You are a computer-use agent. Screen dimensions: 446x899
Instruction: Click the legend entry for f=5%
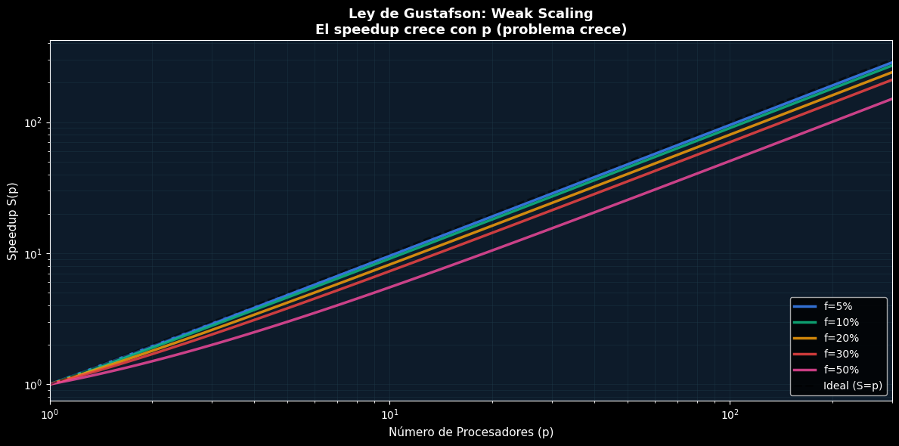(838, 306)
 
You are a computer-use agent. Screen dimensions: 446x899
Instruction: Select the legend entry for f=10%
(840, 322)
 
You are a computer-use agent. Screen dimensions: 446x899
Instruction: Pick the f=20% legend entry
(840, 338)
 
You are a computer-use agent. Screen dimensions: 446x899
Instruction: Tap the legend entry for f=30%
(840, 354)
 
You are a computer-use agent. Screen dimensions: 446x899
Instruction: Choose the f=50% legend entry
(840, 370)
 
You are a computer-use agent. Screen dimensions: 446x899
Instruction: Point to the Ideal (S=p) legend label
(853, 386)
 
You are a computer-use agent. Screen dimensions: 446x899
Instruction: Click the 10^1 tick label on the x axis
(389, 413)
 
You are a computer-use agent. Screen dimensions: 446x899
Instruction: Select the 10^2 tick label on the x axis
(730, 413)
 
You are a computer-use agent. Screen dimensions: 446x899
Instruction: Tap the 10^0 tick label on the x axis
(50, 413)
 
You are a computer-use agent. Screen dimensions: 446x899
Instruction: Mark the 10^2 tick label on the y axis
(33, 123)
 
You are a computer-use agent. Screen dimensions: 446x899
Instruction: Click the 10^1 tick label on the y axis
(33, 254)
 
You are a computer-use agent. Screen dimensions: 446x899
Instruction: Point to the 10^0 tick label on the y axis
(33, 385)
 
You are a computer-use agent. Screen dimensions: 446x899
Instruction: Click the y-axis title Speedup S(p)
(12, 220)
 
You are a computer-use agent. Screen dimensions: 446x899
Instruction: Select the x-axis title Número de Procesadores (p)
(471, 432)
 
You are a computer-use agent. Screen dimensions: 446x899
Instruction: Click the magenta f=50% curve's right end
(891, 99)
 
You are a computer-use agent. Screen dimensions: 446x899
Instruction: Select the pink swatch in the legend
(804, 370)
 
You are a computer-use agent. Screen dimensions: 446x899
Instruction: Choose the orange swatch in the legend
(804, 338)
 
